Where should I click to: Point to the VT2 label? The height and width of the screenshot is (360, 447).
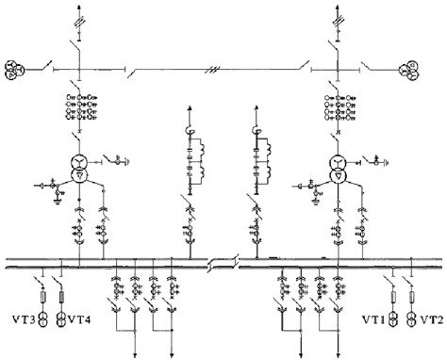click(x=430, y=321)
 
